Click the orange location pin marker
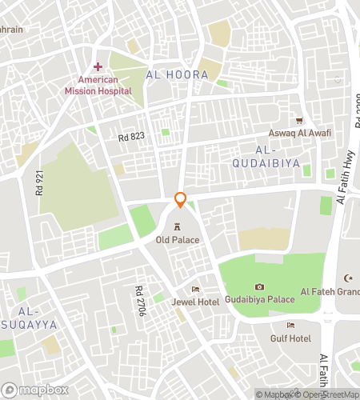181,200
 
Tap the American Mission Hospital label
98,85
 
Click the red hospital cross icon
98,66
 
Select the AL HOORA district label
177,74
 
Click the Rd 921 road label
38,183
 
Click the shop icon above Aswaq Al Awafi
301,120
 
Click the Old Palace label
178,239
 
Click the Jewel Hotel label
194,302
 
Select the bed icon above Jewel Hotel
194,289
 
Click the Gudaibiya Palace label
259,299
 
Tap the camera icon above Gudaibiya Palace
259,286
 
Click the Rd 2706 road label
139,301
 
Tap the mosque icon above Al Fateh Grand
348,278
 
